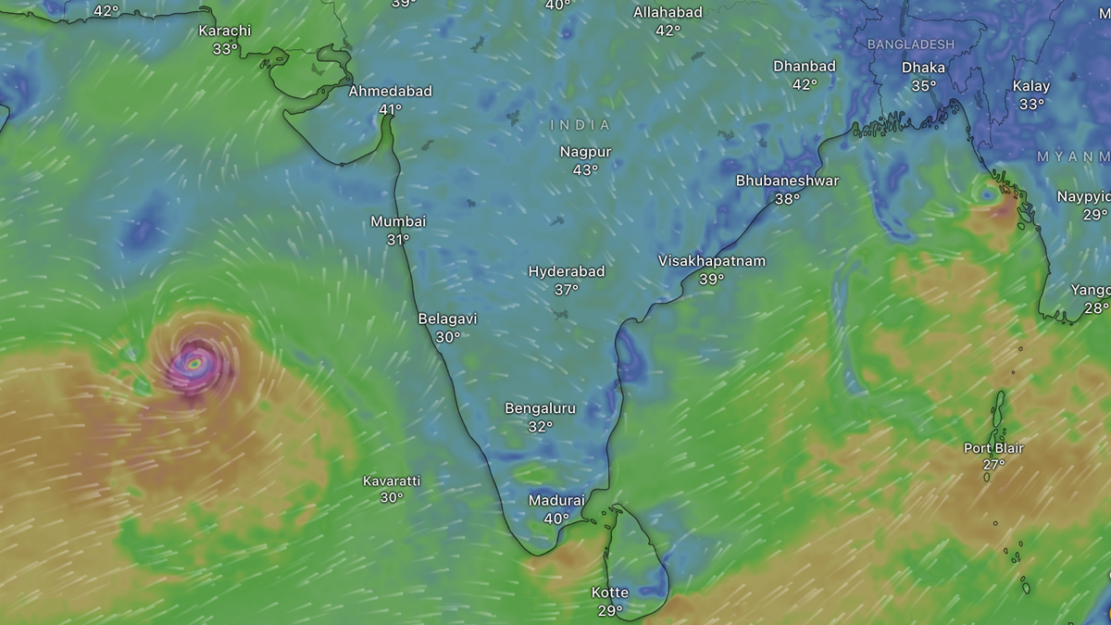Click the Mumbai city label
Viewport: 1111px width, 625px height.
(398, 221)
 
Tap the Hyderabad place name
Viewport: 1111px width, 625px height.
(567, 271)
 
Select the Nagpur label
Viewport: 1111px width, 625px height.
(585, 152)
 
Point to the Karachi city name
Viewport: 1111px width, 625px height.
(225, 31)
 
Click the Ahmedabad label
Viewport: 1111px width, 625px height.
(390, 92)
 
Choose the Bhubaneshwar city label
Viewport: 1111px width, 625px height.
(787, 181)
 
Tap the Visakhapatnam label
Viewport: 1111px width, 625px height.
(712, 261)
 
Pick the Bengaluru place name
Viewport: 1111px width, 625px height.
(540, 408)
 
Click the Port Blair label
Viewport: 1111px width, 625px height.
(993, 448)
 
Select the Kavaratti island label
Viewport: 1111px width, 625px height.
(392, 481)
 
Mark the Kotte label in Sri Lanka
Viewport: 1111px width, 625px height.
(610, 593)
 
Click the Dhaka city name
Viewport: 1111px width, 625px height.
(923, 68)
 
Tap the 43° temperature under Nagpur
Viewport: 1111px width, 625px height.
(585, 169)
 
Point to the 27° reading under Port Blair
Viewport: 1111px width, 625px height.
(993, 465)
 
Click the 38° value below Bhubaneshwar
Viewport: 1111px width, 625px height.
(787, 198)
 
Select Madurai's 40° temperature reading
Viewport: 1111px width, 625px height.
(555, 519)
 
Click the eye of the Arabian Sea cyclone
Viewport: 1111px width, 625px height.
(193, 364)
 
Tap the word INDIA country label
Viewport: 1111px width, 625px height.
(580, 125)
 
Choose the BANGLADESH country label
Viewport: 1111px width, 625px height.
(910, 44)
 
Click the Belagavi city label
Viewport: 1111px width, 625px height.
(447, 319)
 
